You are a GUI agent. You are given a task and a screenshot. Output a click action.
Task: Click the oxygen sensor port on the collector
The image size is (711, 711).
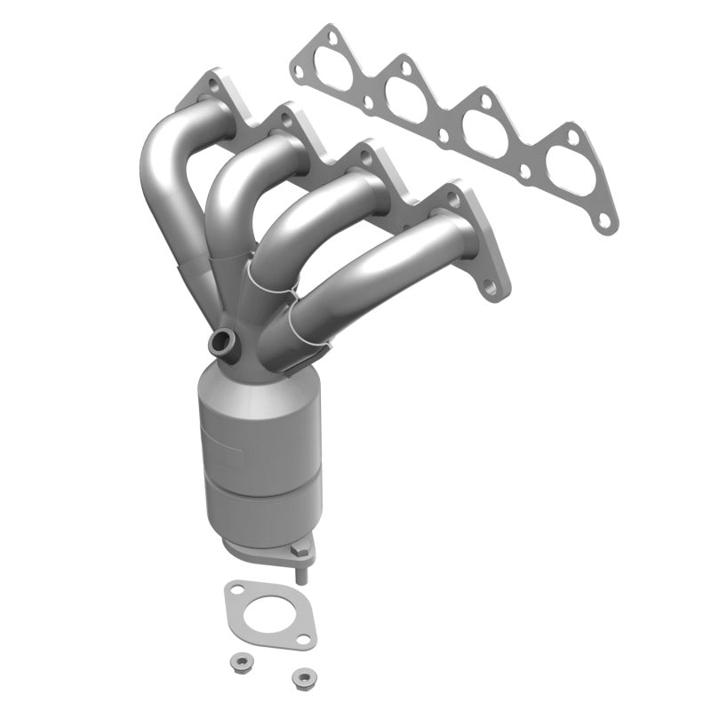point(224,340)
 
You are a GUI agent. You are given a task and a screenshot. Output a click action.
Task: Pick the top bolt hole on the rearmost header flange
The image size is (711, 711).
point(212,86)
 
